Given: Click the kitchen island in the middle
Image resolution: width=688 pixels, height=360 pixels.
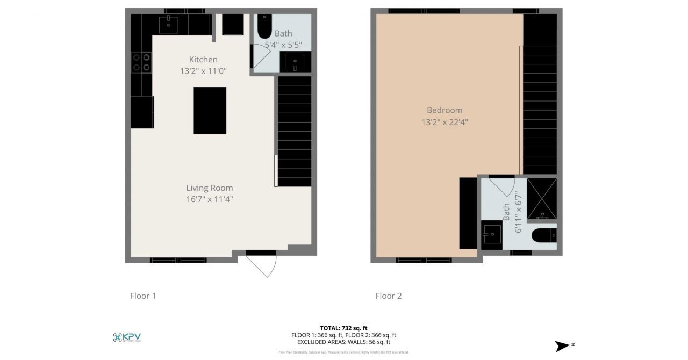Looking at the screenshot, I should (210, 110).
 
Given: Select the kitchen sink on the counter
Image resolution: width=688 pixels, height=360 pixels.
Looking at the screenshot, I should (168, 24).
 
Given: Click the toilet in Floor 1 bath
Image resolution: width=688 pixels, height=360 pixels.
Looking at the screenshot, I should (265, 27).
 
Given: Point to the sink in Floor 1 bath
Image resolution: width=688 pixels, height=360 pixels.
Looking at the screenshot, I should (295, 61).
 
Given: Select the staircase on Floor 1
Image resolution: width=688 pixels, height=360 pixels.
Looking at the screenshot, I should (294, 131).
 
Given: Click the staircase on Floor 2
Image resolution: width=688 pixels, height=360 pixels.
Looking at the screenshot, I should (540, 94).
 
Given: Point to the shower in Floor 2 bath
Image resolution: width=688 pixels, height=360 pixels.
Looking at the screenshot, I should (542, 199).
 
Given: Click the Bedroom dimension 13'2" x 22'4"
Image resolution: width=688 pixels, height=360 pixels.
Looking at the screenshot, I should (445, 122).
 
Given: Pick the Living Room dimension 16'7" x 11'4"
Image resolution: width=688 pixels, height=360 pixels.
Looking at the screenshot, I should (210, 199).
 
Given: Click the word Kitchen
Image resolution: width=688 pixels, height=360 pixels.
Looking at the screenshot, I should (203, 59).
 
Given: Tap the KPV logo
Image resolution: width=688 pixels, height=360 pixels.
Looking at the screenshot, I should (127, 337).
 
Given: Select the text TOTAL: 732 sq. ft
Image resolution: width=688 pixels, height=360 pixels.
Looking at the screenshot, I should (343, 328).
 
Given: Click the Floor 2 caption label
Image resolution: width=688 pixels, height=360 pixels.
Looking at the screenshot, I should (388, 296).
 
